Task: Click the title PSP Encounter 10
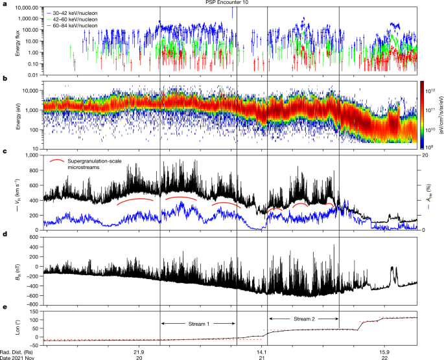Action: pyautogui.click(x=222, y=3)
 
